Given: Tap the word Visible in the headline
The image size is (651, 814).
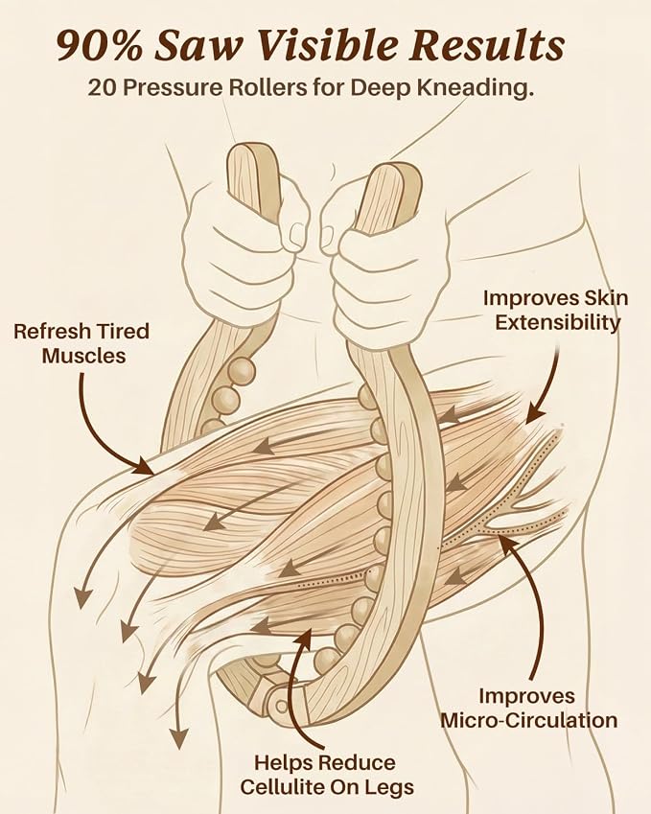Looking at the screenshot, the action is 327,45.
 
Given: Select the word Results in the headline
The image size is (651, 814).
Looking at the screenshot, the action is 487,45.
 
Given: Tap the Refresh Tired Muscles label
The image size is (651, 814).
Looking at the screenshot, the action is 81,343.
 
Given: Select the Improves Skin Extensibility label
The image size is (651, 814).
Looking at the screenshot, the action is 556,310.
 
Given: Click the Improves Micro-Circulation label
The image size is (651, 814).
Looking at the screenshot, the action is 528,709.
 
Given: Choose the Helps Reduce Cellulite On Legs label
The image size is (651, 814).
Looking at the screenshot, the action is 327,775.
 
